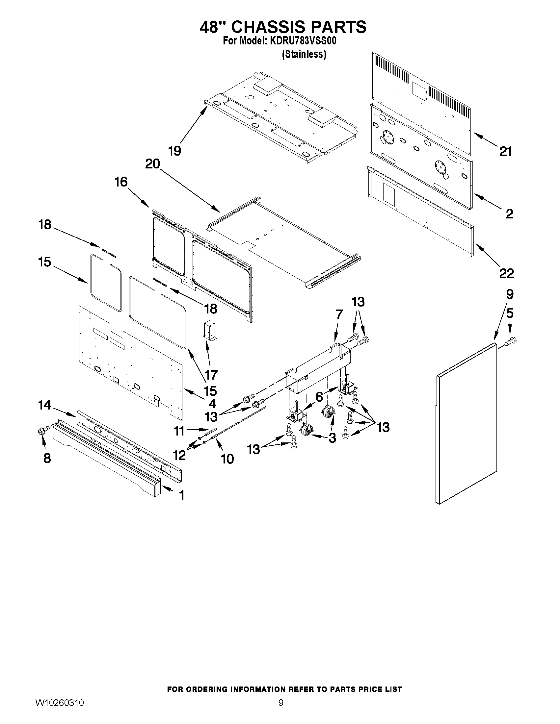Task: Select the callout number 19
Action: tap(174, 151)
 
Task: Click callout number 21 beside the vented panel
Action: tap(505, 151)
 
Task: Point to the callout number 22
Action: tap(506, 273)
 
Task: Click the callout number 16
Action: tap(121, 182)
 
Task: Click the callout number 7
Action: tap(339, 314)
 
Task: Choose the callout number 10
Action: tap(227, 459)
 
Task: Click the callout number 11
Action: tap(179, 431)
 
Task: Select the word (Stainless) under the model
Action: tap(304, 54)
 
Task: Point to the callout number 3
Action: tap(332, 438)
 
